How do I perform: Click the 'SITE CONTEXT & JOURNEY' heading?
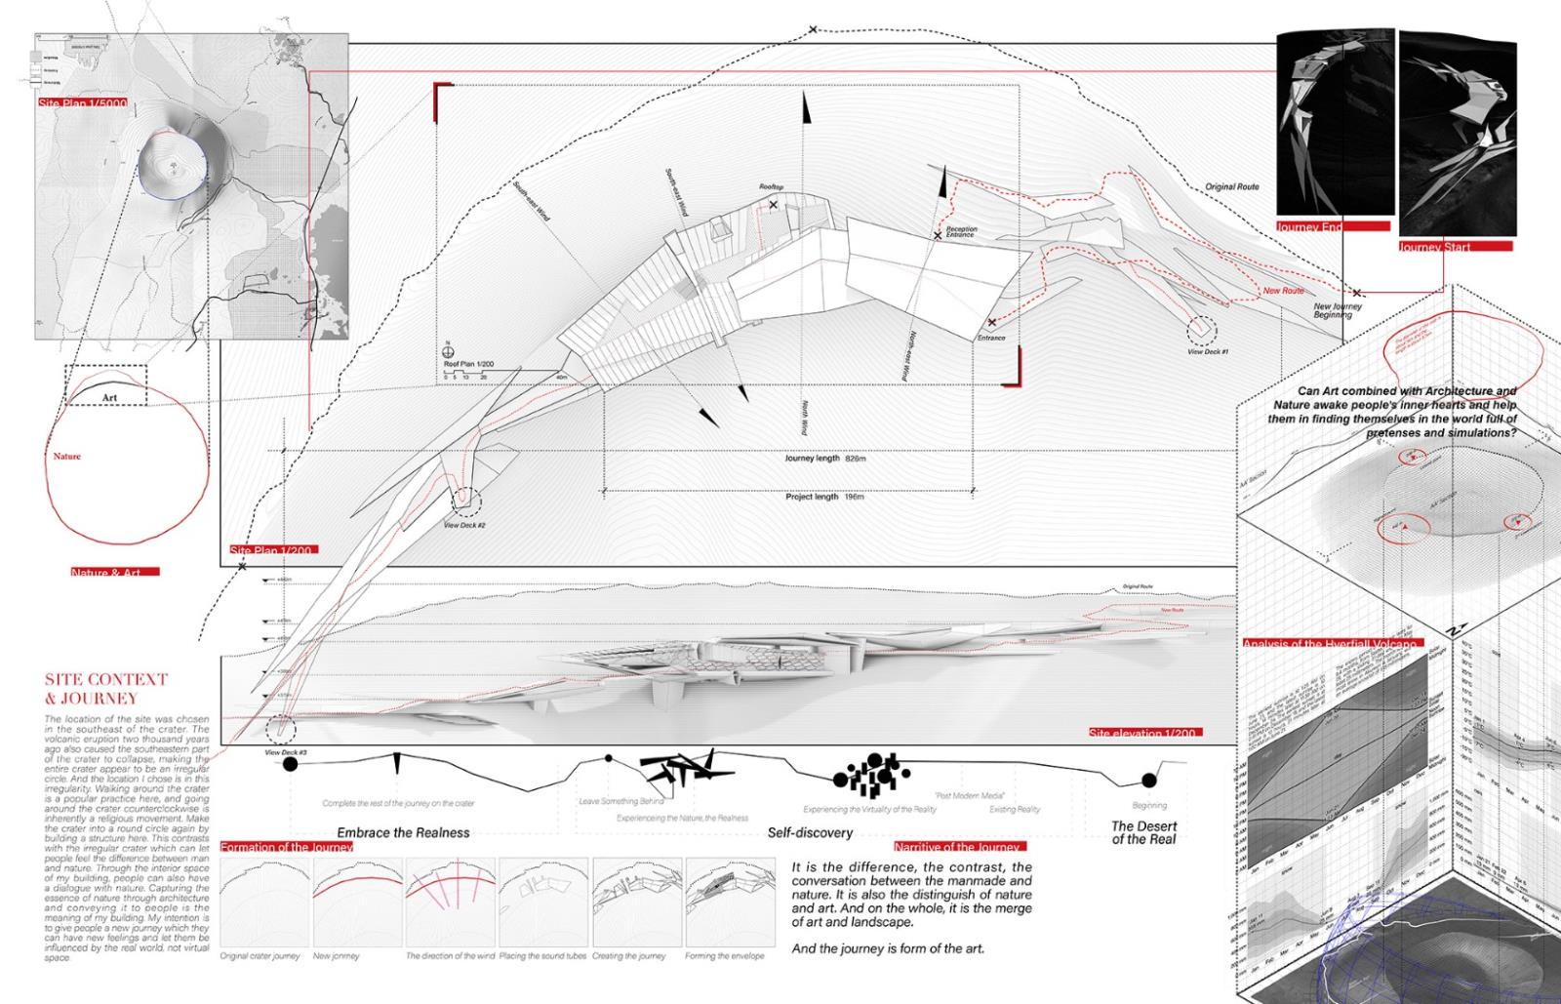[x=106, y=689]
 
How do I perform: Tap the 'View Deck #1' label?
[x=1208, y=351]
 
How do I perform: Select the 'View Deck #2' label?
[x=464, y=526]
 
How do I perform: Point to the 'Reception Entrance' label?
[x=961, y=232]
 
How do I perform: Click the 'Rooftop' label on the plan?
[x=772, y=186]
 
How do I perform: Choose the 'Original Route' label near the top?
[x=1232, y=186]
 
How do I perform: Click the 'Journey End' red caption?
[x=1310, y=226]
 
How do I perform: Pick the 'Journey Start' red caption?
[x=1435, y=247]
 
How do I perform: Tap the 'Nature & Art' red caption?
[x=114, y=573]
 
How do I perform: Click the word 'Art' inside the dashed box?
[x=109, y=398]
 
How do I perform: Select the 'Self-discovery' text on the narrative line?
[x=810, y=832]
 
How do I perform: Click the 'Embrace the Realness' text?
[x=403, y=832]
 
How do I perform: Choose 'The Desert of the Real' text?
[x=1143, y=832]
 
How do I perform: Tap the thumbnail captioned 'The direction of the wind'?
[x=451, y=902]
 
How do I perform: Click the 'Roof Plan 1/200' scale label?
[x=468, y=363]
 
